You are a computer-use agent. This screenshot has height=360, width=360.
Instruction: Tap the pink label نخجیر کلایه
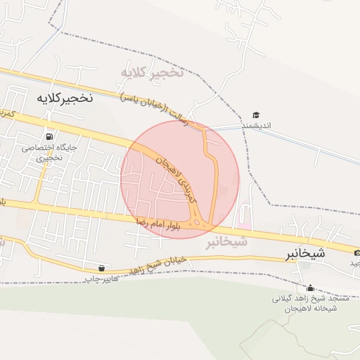point(152,72)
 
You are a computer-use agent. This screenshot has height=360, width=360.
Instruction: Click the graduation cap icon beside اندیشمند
point(257,115)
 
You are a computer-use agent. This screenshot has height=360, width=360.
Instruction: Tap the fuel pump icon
point(49,136)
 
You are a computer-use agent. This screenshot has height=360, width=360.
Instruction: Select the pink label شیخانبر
point(226,243)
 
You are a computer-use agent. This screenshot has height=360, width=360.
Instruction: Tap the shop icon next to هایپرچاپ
point(103,269)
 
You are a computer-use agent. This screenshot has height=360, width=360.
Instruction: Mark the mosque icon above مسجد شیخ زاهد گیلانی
point(310,288)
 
